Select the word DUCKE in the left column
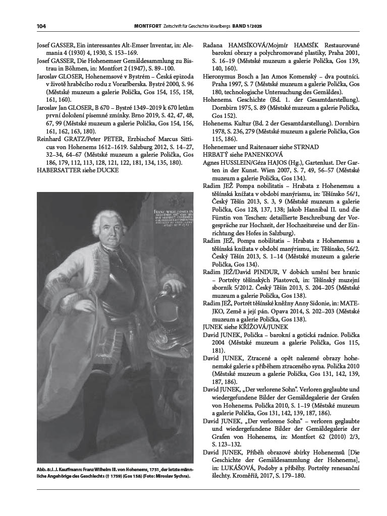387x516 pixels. [x=107, y=170]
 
